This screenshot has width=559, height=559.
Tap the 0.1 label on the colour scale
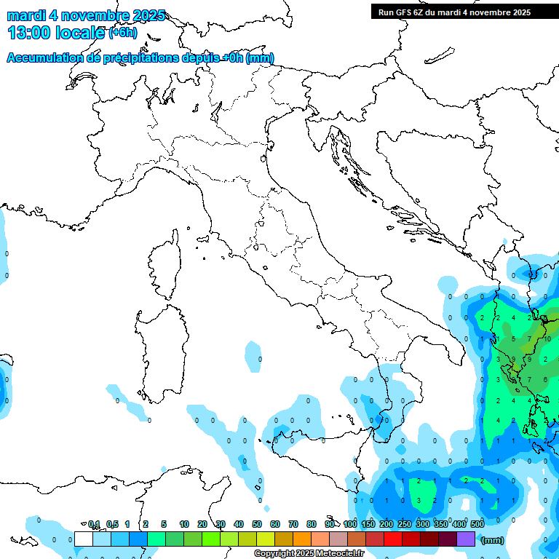tap(94, 524)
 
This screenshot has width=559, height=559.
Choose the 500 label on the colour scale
tap(477, 524)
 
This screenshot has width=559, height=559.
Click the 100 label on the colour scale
tap(350, 524)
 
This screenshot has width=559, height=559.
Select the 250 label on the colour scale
tap(405, 524)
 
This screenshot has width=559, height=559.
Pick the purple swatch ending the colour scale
tap(466, 539)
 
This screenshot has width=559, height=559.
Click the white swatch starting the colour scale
tap(84, 539)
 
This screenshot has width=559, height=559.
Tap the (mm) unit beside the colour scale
tap(493, 539)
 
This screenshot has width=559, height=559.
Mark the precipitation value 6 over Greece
tap(545, 379)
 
